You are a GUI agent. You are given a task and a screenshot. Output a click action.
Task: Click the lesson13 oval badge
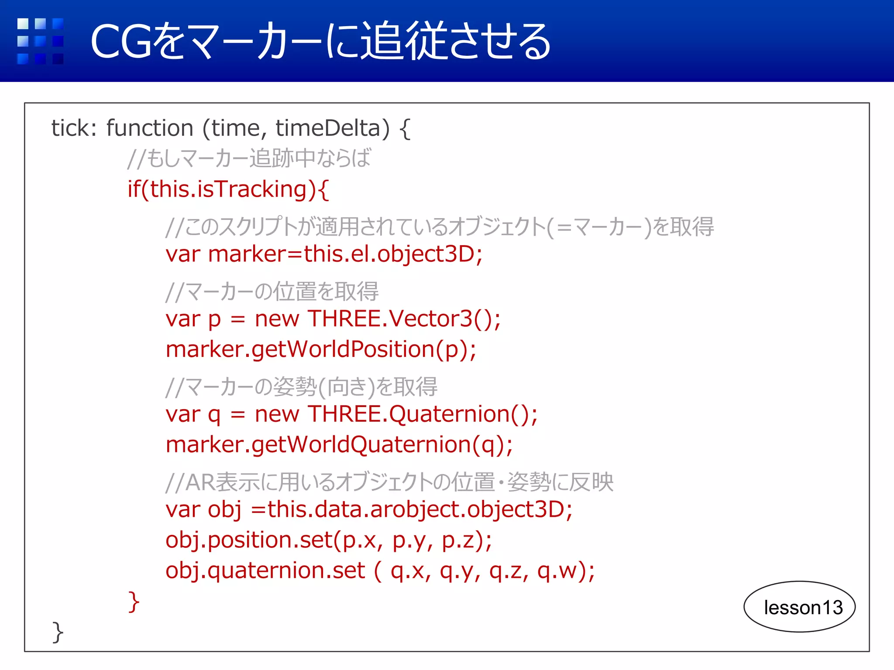coord(799,607)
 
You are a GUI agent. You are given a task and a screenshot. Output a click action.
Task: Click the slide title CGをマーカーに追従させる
coord(321,41)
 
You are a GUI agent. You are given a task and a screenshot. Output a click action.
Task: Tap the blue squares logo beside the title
coord(40,41)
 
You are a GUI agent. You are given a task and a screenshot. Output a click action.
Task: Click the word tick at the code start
coord(70,129)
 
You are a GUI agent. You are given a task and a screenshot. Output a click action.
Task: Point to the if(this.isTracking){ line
coord(228,190)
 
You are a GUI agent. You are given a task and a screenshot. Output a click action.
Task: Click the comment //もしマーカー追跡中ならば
coord(249,158)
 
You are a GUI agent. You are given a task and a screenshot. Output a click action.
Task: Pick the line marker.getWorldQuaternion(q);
coord(339,445)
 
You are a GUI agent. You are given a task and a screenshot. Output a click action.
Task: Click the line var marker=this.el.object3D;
coord(324,254)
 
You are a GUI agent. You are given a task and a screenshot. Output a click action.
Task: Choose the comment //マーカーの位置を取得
coord(272,291)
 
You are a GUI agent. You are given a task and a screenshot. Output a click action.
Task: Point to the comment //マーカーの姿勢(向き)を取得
coord(301,387)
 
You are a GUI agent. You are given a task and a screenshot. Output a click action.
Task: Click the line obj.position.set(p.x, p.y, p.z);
coord(329,540)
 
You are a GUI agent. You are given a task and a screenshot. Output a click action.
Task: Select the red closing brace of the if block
coord(134,602)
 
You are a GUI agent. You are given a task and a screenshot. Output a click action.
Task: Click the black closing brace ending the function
coord(58,632)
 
